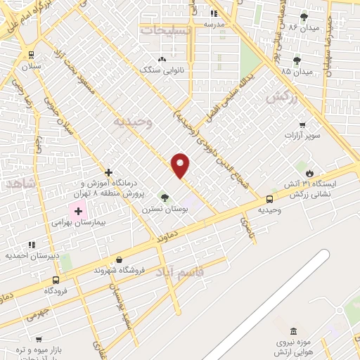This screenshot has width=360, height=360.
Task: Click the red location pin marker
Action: pyautogui.click(x=181, y=165)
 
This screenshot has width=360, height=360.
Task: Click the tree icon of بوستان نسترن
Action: pyautogui.click(x=165, y=198)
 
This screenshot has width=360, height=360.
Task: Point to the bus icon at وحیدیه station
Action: pyautogui.click(x=269, y=199)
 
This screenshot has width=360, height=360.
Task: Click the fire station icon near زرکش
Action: pyautogui.click(x=309, y=172)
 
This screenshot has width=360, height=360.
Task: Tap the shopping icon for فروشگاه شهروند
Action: pyautogui.click(x=119, y=259)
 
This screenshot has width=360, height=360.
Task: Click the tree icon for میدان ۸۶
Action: pyautogui.click(x=304, y=17)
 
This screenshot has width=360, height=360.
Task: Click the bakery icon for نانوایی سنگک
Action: pyautogui.click(x=163, y=59)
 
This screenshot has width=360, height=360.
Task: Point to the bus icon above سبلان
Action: pyautogui.click(x=31, y=55)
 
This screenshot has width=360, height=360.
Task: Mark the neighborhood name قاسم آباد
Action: pyautogui.click(x=179, y=271)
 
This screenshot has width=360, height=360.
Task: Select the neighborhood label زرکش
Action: pyautogui.click(x=281, y=98)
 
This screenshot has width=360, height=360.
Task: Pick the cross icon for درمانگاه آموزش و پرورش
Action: pyautogui.click(x=108, y=172)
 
